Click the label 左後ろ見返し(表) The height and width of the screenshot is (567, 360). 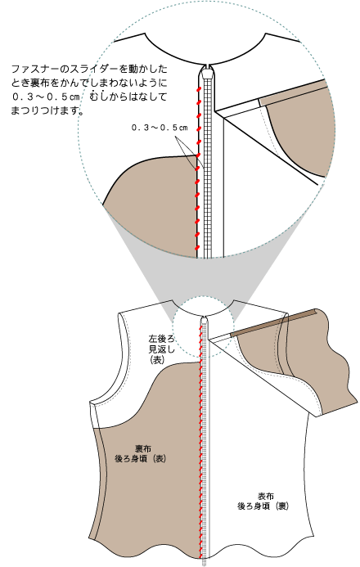(161, 349)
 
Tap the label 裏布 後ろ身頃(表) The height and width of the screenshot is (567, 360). (141, 454)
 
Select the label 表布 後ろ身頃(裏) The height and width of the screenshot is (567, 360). (263, 502)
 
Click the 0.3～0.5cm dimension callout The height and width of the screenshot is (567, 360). (160, 128)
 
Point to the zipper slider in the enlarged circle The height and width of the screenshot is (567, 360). (207, 71)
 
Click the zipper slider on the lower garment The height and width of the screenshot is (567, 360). (205, 320)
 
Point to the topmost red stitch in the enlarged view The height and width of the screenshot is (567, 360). (199, 90)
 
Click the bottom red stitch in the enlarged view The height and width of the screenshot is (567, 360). (197, 248)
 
